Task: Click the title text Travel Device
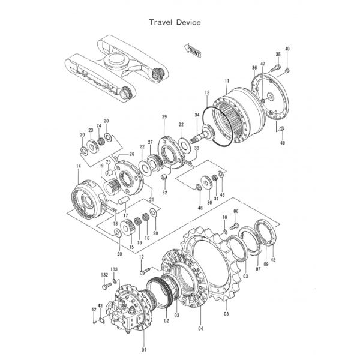point(175,22)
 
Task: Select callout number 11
point(226,81)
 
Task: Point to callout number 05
point(226,313)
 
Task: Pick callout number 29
point(164,116)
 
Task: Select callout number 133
point(113,271)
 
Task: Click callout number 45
point(273,260)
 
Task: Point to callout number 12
point(142,257)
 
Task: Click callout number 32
point(164,193)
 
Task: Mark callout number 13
point(207,92)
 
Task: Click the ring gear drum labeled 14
point(90,197)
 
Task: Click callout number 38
point(278,55)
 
